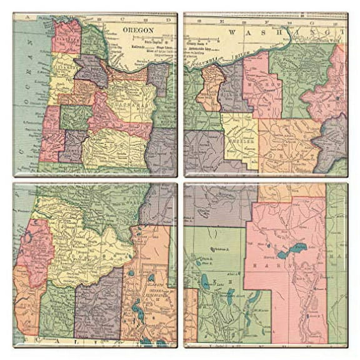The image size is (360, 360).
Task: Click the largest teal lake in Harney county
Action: coord(294,250)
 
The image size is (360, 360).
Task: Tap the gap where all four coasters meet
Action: coord(180,180)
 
